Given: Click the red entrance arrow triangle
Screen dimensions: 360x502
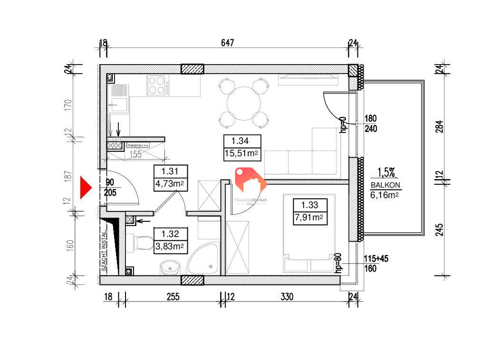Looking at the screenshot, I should (x=84, y=188).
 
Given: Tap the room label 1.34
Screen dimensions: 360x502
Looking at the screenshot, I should (x=240, y=141).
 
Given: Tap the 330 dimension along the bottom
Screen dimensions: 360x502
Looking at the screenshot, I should (x=287, y=297).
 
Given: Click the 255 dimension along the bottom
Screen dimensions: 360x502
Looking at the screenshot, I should (x=173, y=297).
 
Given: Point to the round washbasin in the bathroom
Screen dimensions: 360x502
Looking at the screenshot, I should (x=169, y=267).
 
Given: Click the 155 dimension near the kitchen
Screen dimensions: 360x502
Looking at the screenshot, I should (x=136, y=154).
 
